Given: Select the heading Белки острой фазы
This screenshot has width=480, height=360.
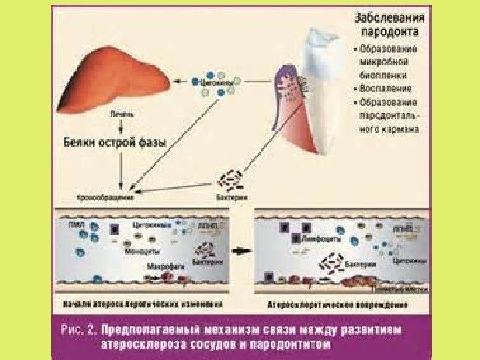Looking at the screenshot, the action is point(115,141).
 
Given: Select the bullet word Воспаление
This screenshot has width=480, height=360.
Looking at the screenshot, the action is point(385,87).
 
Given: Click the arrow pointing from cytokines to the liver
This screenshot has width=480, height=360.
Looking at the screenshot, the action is point(180,81).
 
